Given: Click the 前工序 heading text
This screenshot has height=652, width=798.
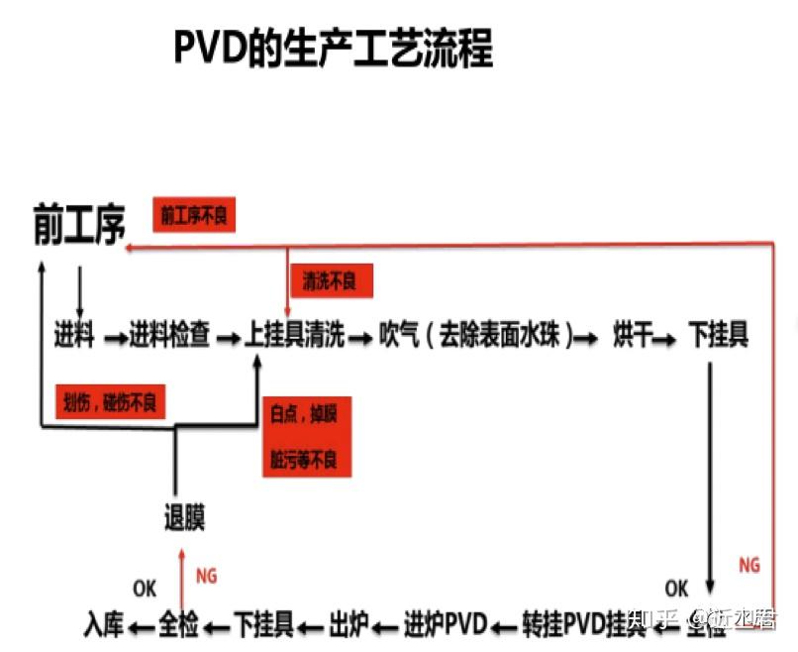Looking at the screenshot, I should tap(79, 225).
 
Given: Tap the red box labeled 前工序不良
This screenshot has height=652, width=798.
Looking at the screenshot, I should tap(194, 213).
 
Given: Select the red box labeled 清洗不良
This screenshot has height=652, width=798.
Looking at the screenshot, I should tap(329, 281).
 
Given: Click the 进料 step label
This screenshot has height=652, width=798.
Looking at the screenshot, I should tap(74, 336).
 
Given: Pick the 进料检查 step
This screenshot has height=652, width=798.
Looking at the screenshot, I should tap(169, 336).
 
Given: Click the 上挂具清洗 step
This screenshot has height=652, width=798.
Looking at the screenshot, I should tap(295, 336).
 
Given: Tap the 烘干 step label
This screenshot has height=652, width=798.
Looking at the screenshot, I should tap(633, 336).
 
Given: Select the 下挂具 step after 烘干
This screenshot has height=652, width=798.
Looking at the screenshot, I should tap(719, 336).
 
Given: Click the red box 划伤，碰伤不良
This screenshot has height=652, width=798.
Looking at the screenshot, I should tap(110, 401).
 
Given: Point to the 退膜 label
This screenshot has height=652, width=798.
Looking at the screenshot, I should tap(185, 517).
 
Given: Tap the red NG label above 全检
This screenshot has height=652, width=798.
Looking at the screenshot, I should tap(206, 576).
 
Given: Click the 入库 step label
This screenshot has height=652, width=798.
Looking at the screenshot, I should tap(104, 624).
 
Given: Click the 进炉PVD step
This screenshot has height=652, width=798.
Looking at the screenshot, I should tap(447, 624).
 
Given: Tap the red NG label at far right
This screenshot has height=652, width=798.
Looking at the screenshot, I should tap(749, 565).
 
